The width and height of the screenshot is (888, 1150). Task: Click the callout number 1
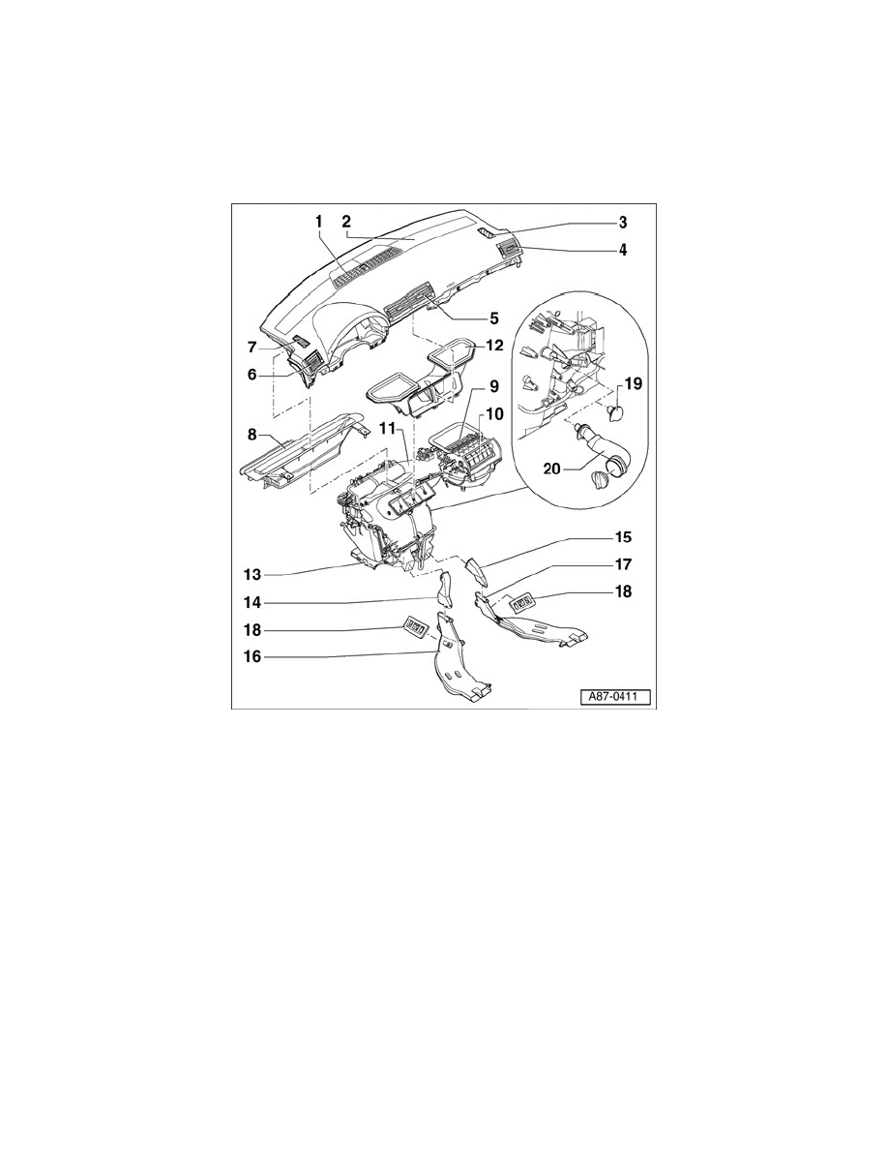[319, 221]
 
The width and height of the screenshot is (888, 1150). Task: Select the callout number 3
[622, 222]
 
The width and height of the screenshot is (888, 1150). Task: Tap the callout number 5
[494, 318]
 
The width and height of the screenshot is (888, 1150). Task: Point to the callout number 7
[252, 347]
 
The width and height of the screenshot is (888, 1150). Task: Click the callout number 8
[252, 435]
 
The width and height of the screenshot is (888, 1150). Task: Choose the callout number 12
[494, 345]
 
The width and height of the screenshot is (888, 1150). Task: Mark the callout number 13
[252, 575]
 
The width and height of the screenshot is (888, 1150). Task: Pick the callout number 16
[252, 656]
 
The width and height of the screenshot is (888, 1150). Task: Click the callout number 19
[633, 383]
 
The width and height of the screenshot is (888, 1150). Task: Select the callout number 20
[552, 468]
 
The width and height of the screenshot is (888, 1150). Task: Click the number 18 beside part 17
[623, 591]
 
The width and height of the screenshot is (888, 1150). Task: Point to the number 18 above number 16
[252, 630]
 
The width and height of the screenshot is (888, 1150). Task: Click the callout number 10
[494, 414]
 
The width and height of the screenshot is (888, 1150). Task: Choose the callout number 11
[388, 427]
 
